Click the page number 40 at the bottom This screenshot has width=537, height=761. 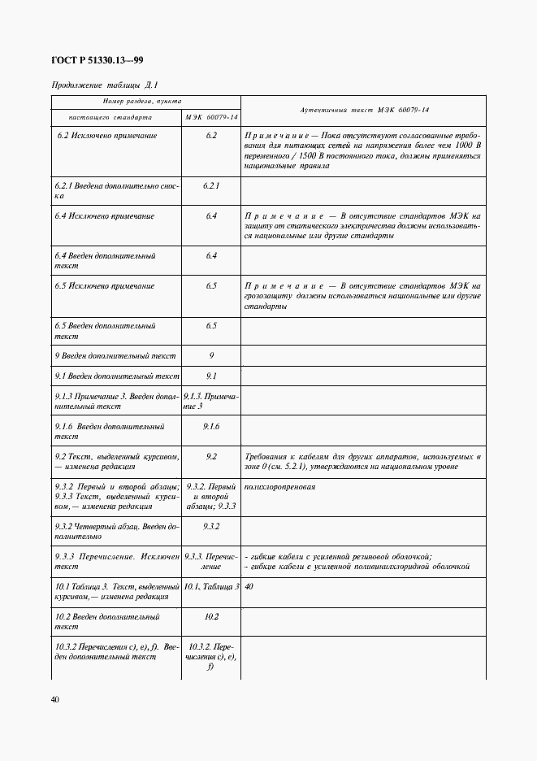[x=55, y=699]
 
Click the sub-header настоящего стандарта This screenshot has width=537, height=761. [x=116, y=117]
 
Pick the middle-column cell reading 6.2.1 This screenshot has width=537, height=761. [x=211, y=185]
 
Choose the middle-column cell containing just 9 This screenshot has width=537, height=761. [x=211, y=355]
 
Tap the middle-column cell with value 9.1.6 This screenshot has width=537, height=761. [x=211, y=426]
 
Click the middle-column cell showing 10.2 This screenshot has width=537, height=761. [x=211, y=617]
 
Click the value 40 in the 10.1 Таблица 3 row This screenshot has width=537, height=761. [x=249, y=586]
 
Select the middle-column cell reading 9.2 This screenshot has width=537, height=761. [x=211, y=456]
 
